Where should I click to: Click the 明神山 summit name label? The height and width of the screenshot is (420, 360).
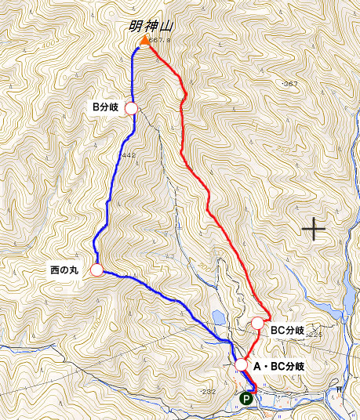click(151, 27)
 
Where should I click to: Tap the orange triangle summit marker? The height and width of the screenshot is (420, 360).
click(145, 41)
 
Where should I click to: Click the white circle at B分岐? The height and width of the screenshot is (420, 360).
click(131, 107)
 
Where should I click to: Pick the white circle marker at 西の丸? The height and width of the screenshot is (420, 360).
click(96, 270)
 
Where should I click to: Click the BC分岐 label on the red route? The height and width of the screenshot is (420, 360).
click(287, 331)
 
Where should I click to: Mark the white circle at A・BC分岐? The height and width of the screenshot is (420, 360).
click(242, 364)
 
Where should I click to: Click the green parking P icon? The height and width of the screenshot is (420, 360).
click(245, 398)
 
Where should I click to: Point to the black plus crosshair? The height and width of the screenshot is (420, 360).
click(314, 229)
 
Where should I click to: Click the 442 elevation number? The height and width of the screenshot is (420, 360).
click(129, 156)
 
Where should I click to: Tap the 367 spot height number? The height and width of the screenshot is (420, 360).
click(291, 83)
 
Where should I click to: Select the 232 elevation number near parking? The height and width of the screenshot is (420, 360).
click(209, 391)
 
